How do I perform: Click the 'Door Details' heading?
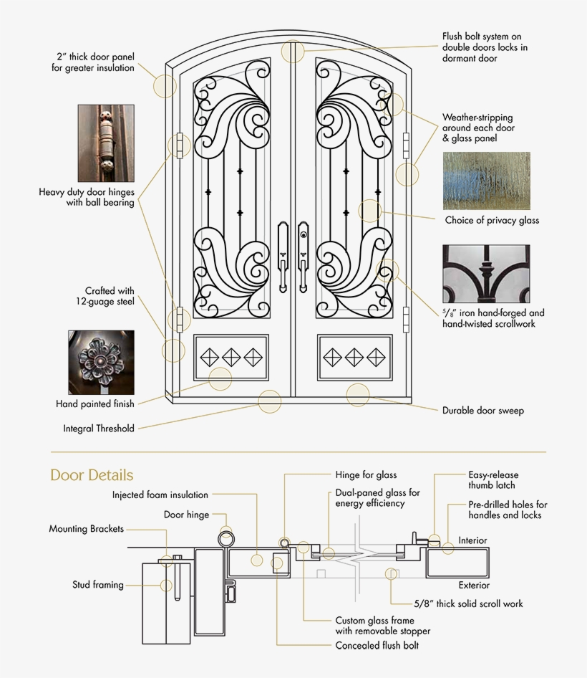pyautogui.click(x=92, y=475)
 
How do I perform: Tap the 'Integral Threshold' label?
pyautogui.click(x=99, y=429)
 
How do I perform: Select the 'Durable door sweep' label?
pyautogui.click(x=482, y=411)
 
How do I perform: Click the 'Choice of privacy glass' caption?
pyautogui.click(x=492, y=220)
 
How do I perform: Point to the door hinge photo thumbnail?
pyautogui.click(x=106, y=143)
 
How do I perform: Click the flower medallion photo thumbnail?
pyautogui.click(x=101, y=362)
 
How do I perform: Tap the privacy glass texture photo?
pyautogui.click(x=486, y=181)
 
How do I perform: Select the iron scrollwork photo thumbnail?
pyautogui.click(x=486, y=274)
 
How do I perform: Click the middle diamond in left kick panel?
pyautogui.click(x=232, y=356)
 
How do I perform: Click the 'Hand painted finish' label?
pyautogui.click(x=95, y=404)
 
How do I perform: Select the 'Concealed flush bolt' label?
pyautogui.click(x=377, y=645)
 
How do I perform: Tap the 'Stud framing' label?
pyautogui.click(x=98, y=585)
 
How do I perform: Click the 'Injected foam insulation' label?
pyautogui.click(x=160, y=495)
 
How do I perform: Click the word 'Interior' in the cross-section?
pyautogui.click(x=472, y=540)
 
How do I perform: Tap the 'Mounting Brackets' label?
pyautogui.click(x=86, y=529)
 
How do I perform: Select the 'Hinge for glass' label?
pyautogui.click(x=366, y=474)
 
